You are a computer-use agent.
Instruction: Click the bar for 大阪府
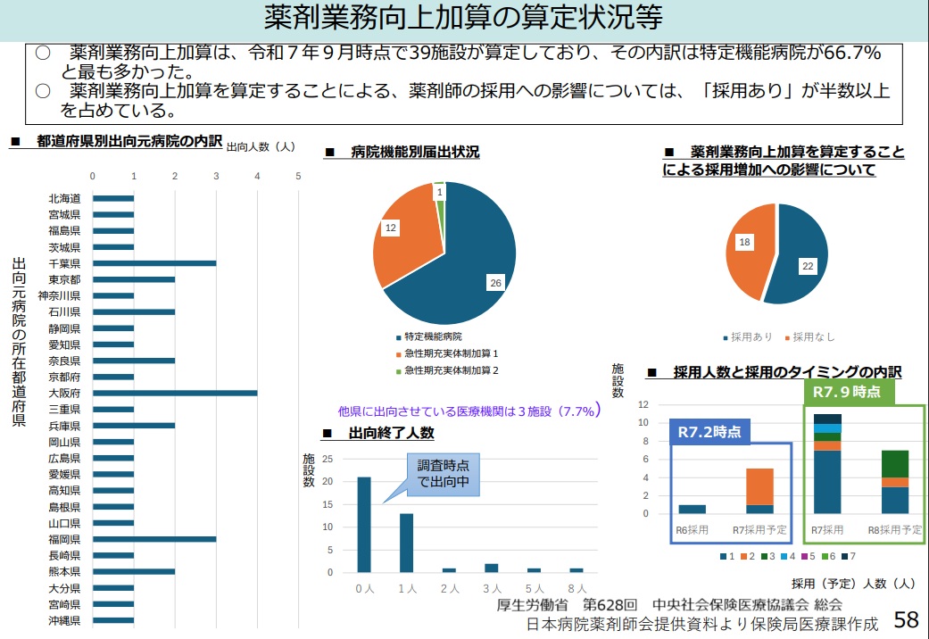[175, 393]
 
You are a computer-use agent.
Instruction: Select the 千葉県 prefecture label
[65, 263]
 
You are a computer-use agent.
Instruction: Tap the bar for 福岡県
[153, 539]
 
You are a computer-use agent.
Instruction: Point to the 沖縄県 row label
[65, 620]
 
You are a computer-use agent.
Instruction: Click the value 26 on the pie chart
[495, 283]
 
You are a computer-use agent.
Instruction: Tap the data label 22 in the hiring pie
[808, 266]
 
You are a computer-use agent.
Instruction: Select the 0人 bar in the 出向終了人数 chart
[364, 524]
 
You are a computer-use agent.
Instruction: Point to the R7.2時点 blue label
[709, 431]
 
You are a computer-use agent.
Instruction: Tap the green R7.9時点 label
[848, 392]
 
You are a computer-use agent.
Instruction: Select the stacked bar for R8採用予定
[895, 482]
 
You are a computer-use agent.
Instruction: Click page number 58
[906, 619]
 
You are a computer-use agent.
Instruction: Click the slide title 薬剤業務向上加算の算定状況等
[464, 18]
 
